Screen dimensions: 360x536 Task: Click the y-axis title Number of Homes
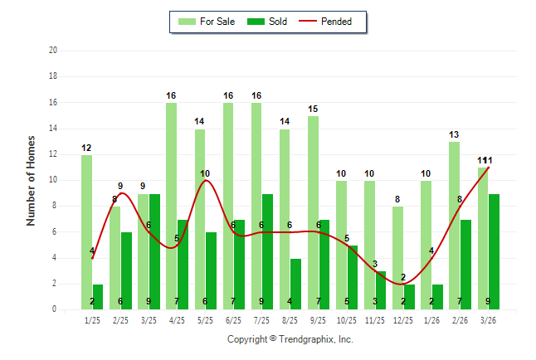tap(32, 180)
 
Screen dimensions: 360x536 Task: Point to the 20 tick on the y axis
tap(52, 51)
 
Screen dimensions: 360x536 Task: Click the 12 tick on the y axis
tap(52, 154)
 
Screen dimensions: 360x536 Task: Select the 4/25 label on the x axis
tap(177, 319)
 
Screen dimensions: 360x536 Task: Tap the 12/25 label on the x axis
tap(403, 319)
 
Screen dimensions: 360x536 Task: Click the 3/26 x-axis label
tap(488, 319)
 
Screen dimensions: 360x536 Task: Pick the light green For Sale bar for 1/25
tap(86, 232)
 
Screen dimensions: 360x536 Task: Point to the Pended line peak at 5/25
tap(205, 180)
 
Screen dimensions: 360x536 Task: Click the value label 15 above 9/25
tap(313, 109)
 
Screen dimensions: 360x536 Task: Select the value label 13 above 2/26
tap(454, 135)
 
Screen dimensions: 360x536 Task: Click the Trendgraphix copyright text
tap(290, 339)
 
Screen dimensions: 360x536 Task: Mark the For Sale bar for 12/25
tap(397, 258)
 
